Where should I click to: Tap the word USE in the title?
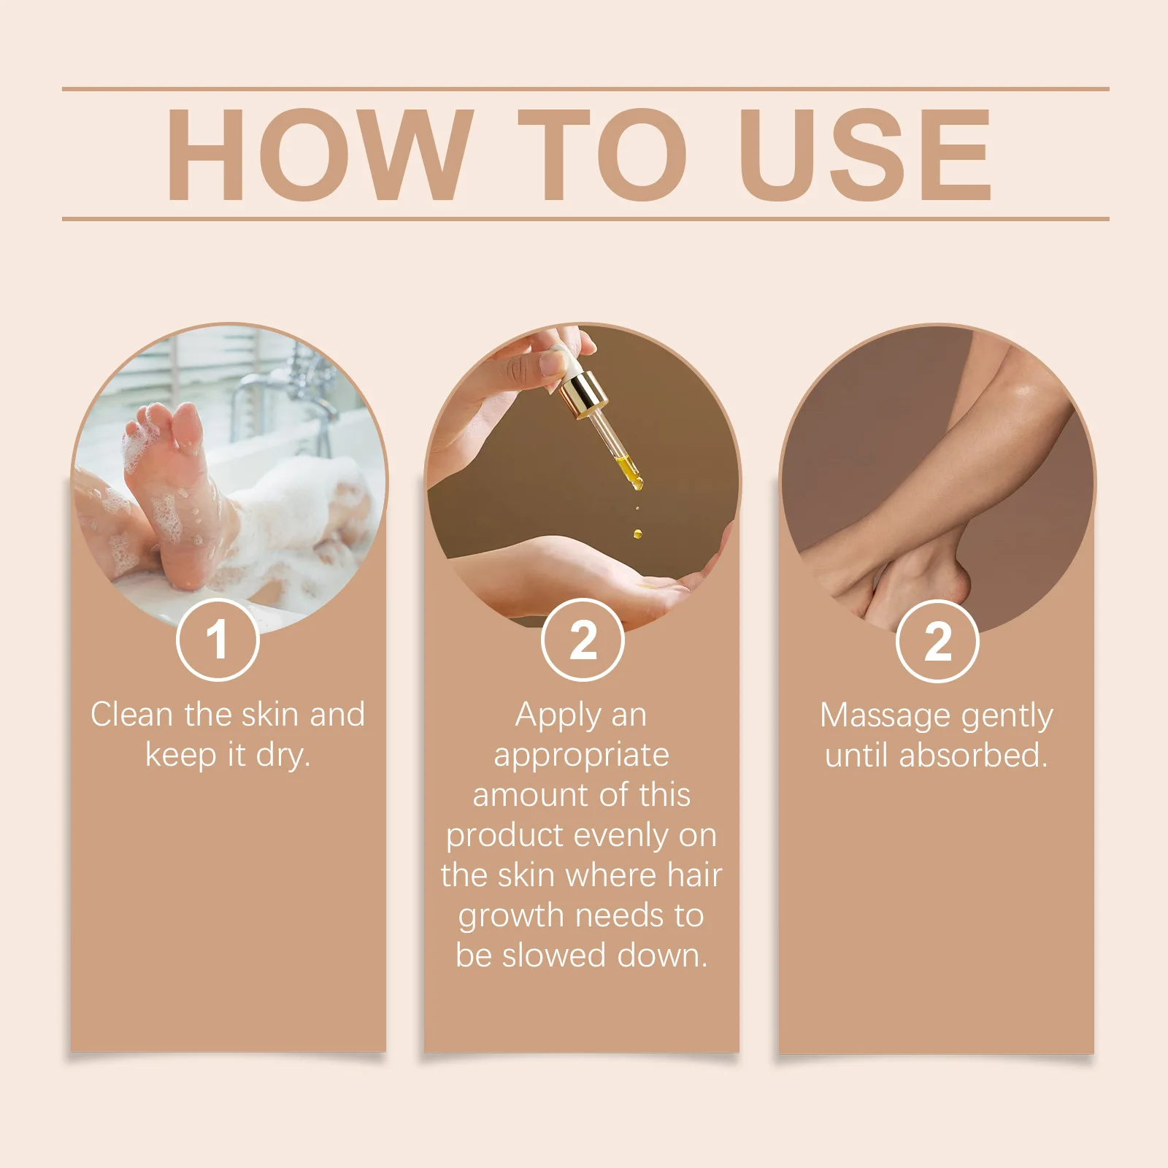[866, 154]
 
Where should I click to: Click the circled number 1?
[218, 639]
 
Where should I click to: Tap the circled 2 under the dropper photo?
[583, 639]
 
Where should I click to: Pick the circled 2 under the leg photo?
[937, 641]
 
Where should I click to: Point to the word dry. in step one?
[283, 755]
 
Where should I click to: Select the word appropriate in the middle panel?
[581, 755]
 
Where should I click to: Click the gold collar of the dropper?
[583, 395]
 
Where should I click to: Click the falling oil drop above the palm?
[637, 534]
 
